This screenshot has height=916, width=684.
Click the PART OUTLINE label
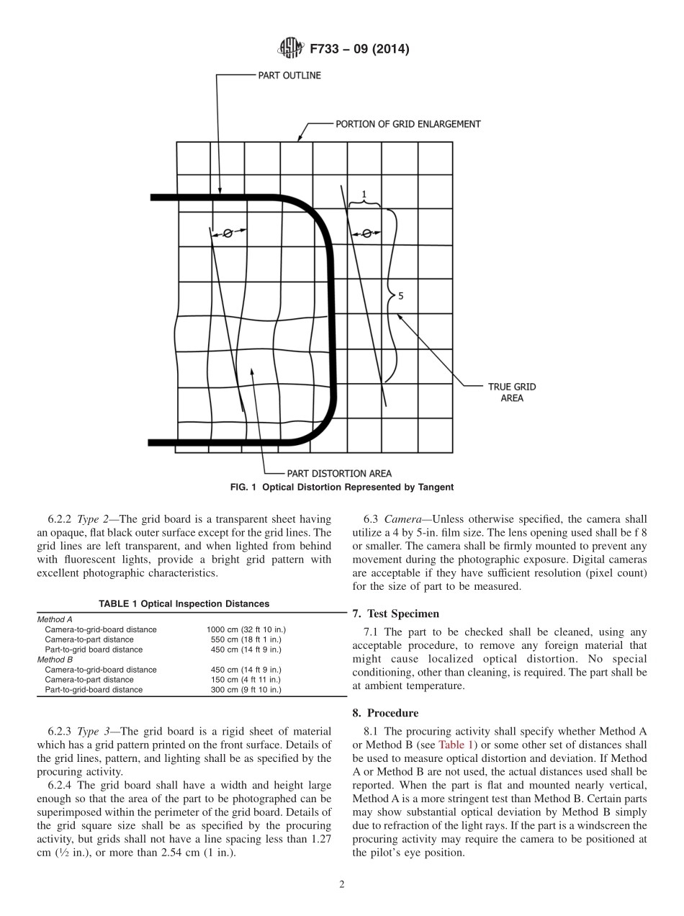pos(289,75)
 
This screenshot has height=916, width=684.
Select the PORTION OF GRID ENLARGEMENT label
pos(408,124)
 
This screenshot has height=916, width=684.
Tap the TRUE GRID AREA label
pos(512,392)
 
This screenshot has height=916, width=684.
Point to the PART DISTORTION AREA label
pos(339,473)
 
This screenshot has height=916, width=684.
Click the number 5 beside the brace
pos(401,295)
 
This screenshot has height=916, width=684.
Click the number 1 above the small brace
pos(364,194)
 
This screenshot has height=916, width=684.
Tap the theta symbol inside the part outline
pos(228,233)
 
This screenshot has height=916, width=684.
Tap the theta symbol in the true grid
pos(366,233)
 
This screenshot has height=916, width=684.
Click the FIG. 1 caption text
pos(341,488)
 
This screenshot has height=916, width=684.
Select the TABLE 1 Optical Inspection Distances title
pos(184,603)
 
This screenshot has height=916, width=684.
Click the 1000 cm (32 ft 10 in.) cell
pos(246,629)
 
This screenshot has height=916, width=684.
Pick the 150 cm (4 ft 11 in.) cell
pos(244,680)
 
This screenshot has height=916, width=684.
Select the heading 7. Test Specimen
pos(395,614)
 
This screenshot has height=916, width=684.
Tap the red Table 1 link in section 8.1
pos(458,745)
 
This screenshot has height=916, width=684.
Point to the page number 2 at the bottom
pos(342,884)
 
